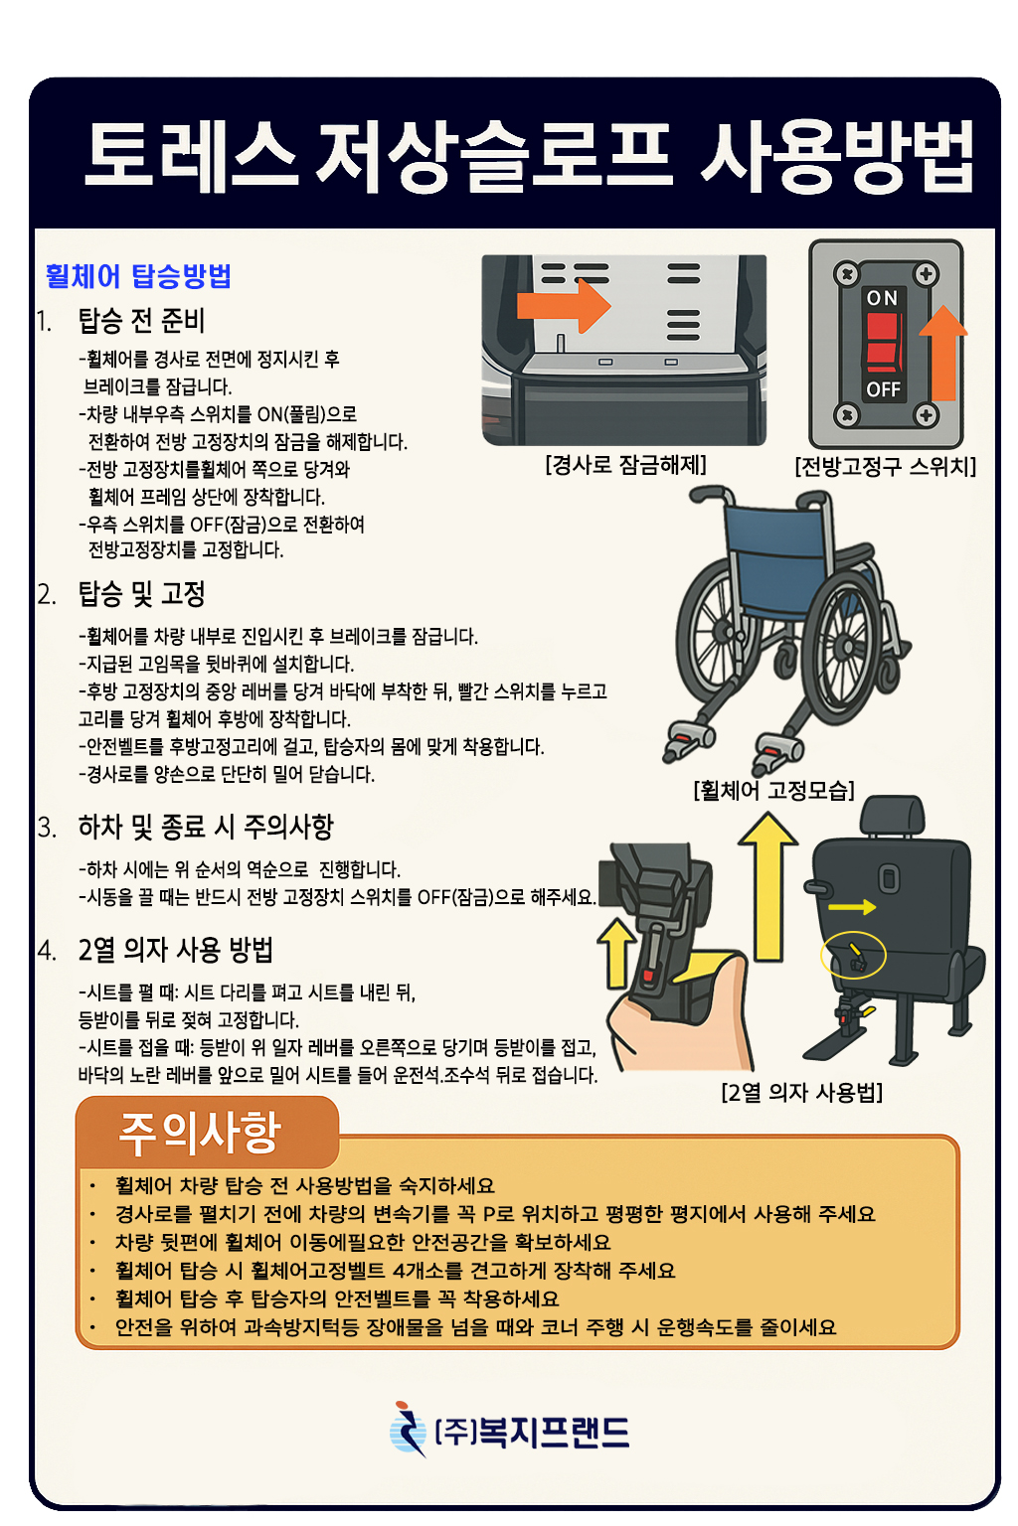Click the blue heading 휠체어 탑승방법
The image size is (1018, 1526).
[x=138, y=276]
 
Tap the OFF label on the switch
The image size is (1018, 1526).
[x=883, y=389]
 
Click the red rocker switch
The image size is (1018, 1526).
[x=884, y=343]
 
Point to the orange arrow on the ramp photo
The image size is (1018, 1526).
[x=564, y=305]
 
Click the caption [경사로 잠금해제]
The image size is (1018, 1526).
[x=625, y=465]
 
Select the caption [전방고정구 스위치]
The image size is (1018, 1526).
[x=885, y=467]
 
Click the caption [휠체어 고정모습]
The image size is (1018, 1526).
[x=773, y=790]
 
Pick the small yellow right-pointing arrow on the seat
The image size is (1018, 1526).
[x=852, y=907]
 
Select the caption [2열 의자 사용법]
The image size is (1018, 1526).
[x=801, y=1093]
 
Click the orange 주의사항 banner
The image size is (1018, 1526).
[x=208, y=1133]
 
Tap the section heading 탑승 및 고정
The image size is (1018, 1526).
[x=141, y=594]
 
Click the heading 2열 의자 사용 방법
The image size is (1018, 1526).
[x=175, y=949]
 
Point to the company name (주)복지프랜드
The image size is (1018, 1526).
[x=531, y=1432]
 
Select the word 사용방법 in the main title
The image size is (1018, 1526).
[x=837, y=157]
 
